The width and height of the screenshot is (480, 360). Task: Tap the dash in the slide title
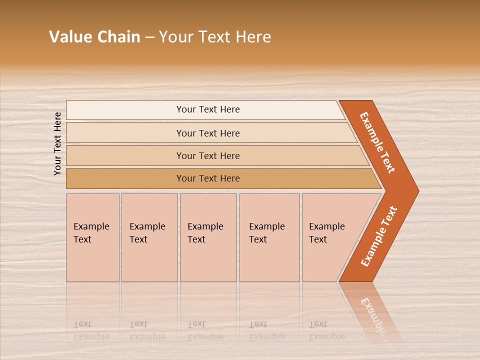coord(149,37)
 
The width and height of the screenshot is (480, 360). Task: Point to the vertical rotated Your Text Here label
coord(57,143)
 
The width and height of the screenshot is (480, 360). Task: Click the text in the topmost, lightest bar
coord(208,109)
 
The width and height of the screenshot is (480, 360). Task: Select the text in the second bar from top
coord(208,133)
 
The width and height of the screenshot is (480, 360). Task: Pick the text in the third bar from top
coord(208,155)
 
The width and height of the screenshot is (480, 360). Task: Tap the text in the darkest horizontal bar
coord(208,178)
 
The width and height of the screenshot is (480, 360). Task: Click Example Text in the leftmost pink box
coord(91,233)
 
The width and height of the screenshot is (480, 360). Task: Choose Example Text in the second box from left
coord(147,233)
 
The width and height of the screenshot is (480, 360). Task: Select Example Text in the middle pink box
coord(205,233)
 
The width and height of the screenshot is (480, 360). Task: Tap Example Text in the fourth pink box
coord(266,233)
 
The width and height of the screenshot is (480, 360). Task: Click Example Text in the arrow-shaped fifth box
coord(326,233)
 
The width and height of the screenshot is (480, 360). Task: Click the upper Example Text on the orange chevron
coord(377,142)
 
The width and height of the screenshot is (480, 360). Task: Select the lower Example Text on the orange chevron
coord(378,236)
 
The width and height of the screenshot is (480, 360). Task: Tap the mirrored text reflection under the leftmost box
coord(91,330)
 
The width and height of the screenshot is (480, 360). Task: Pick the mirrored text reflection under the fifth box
coord(326,330)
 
